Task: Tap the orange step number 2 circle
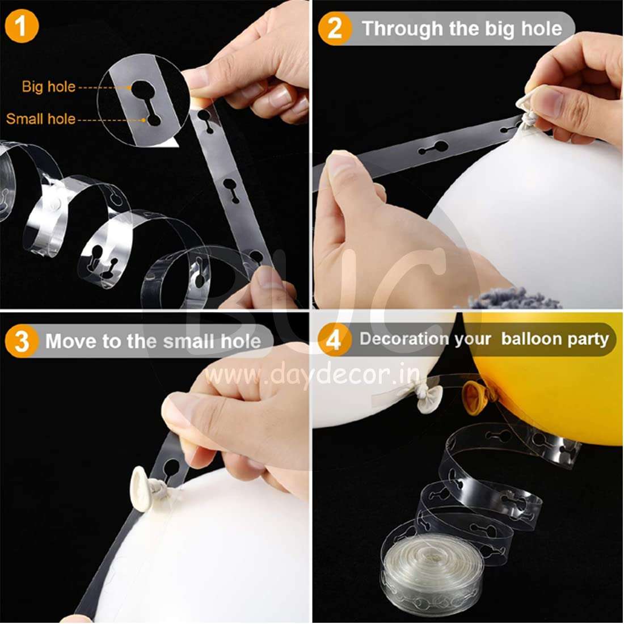(x=335, y=28)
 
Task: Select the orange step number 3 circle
(x=22, y=341)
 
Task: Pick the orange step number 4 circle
(x=335, y=339)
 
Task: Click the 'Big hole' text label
(x=49, y=86)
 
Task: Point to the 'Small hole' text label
(x=41, y=119)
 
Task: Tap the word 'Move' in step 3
(x=71, y=341)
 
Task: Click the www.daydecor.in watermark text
(x=313, y=374)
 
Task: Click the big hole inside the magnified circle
(x=140, y=88)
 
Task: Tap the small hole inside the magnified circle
(x=153, y=119)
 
